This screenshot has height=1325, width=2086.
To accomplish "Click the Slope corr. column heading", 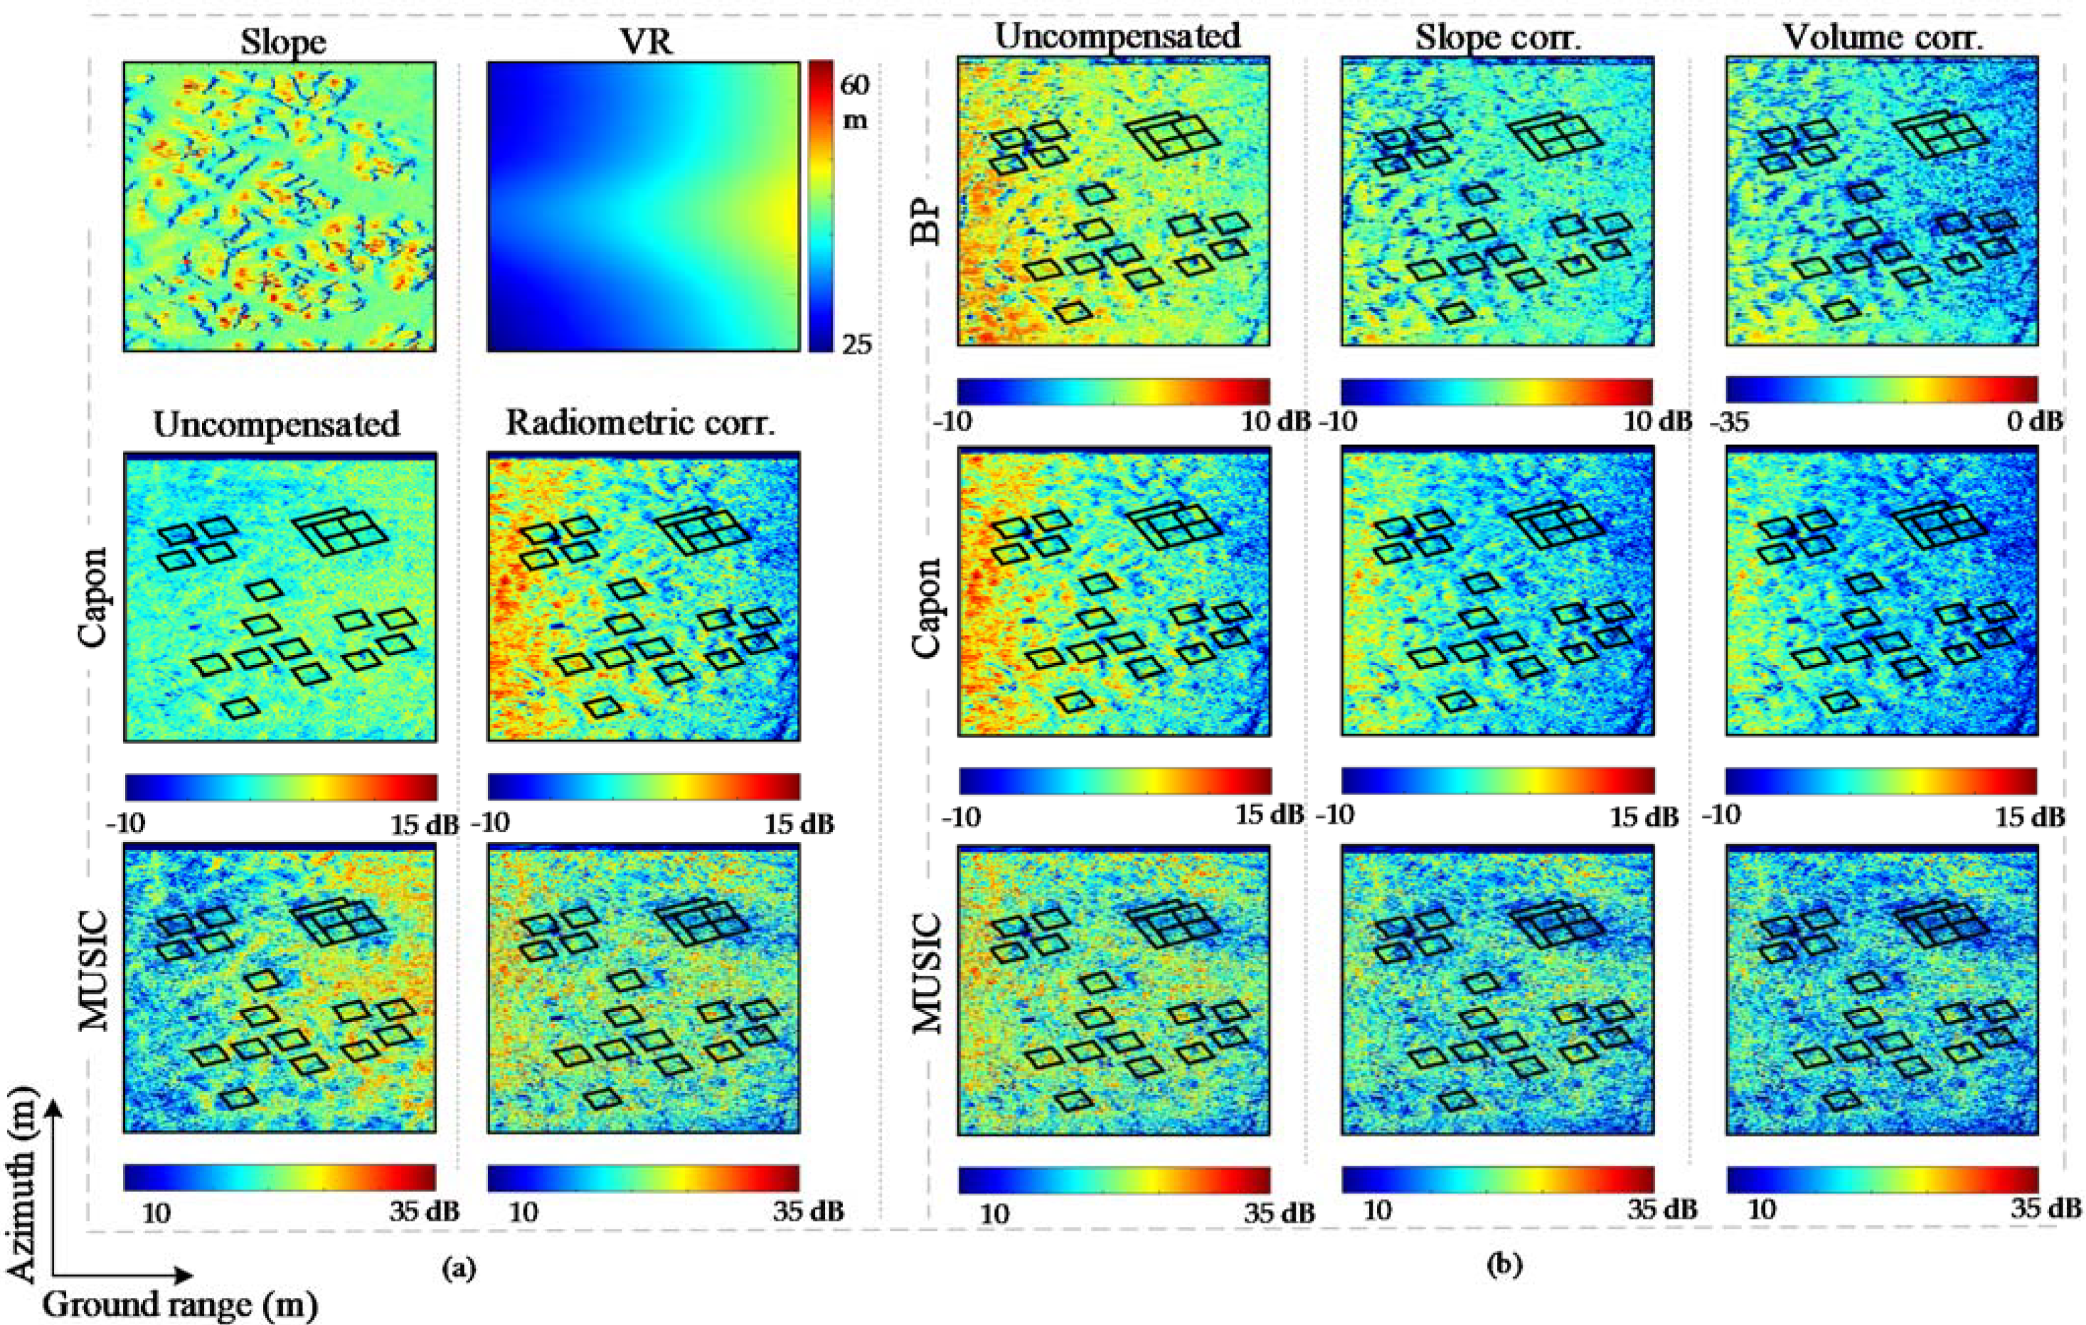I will [1496, 37].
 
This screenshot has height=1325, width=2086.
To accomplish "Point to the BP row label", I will [928, 221].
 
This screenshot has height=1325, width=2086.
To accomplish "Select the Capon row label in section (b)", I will [928, 608].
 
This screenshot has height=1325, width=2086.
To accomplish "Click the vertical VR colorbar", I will [821, 206].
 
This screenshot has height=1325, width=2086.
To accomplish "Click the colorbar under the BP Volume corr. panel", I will [1881, 389].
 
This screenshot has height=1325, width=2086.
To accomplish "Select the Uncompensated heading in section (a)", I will [277, 424].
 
